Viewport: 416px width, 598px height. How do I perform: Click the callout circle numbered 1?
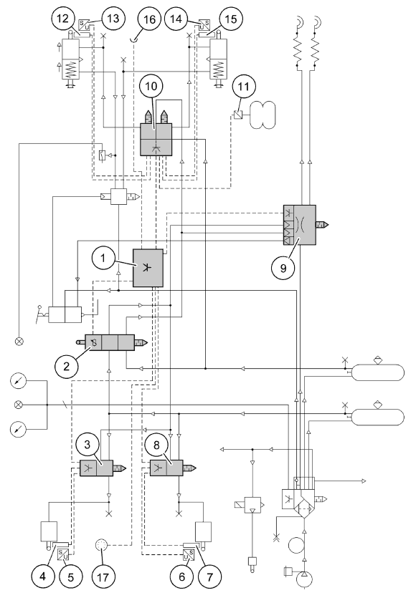[x=103, y=259]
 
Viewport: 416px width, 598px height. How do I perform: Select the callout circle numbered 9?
[x=283, y=268]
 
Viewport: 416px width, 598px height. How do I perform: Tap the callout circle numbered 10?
[x=151, y=86]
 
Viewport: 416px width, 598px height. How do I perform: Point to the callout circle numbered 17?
[x=103, y=577]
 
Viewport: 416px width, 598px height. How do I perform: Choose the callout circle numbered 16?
[x=149, y=19]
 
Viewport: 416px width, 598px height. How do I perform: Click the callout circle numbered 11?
[x=244, y=86]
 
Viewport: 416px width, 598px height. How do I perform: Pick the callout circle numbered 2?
[x=67, y=367]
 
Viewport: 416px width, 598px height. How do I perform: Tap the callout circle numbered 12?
[x=63, y=19]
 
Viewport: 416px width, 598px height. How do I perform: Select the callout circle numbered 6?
[x=181, y=577]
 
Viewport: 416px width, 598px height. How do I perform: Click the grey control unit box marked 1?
[x=148, y=268]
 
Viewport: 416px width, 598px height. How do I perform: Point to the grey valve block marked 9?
[x=300, y=225]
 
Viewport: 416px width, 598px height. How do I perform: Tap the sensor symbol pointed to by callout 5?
[x=63, y=554]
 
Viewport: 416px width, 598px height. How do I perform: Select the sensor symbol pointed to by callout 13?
[x=84, y=26]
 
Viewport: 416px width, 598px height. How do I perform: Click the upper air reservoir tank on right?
[x=377, y=372]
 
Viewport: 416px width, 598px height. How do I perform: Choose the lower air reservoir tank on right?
[x=377, y=418]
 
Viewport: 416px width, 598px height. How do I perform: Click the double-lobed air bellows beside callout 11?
[x=262, y=115]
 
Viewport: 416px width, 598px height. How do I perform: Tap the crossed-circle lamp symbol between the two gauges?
[x=17, y=404]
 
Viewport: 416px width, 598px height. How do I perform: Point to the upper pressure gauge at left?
[x=18, y=382]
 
